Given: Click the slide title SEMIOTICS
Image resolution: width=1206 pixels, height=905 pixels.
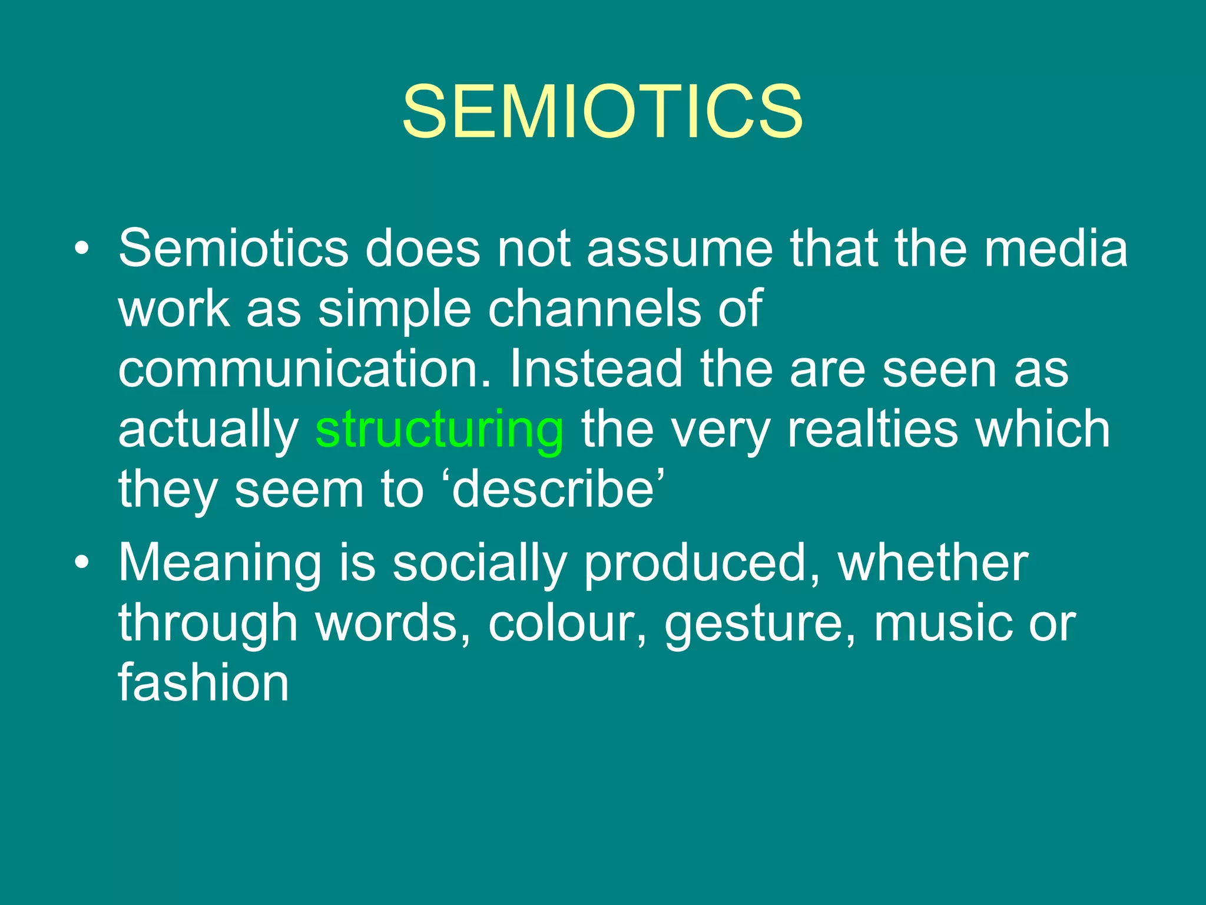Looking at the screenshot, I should [602, 111].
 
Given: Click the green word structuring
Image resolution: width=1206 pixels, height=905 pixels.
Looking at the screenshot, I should [439, 430].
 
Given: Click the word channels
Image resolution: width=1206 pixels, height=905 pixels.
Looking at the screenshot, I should [595, 309].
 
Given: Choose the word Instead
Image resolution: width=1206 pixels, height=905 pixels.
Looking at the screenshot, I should [595, 369].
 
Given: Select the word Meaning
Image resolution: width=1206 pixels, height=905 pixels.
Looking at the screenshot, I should [220, 564].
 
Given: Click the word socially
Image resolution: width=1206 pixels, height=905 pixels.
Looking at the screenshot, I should [479, 564].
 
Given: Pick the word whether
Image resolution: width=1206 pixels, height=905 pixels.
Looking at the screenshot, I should [933, 563].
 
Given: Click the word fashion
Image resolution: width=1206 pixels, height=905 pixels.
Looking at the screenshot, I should [203, 683].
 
